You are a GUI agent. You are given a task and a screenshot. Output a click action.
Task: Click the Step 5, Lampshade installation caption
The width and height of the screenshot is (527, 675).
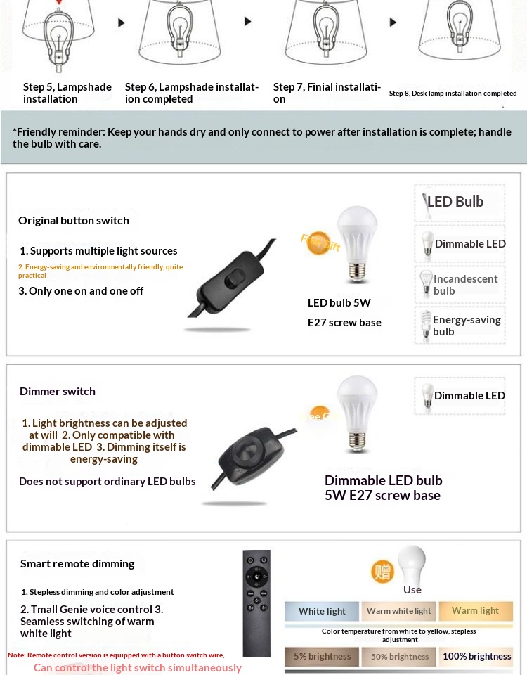[x=67, y=93]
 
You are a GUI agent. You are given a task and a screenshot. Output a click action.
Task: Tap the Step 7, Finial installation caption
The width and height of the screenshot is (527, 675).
[x=327, y=93]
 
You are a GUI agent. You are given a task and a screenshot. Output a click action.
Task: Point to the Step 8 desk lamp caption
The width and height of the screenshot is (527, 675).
[x=453, y=93]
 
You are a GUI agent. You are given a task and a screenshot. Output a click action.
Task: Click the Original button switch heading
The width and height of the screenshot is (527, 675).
[x=74, y=220]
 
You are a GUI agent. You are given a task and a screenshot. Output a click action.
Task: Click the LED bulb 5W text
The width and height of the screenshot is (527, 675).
[x=339, y=303]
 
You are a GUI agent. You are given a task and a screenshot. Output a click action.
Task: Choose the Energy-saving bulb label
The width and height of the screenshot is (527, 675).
[x=467, y=325]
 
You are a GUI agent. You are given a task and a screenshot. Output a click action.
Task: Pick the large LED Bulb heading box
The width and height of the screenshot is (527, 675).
[x=460, y=202]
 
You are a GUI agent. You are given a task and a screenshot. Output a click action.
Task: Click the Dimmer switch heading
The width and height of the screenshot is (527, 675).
[x=58, y=391]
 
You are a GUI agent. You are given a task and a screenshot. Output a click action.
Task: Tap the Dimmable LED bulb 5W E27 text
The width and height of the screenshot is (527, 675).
[x=383, y=488]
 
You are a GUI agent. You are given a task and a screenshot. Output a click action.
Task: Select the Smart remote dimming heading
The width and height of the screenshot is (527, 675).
[x=77, y=563]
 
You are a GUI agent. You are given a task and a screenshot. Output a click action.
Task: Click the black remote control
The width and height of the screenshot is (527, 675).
[x=256, y=602]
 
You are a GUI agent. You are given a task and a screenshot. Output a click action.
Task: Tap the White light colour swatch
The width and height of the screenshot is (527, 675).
[x=322, y=611]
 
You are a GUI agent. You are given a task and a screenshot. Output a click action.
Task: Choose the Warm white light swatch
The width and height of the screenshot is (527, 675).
[x=398, y=611]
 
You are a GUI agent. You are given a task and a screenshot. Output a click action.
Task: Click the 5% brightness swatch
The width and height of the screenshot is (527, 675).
[x=322, y=657]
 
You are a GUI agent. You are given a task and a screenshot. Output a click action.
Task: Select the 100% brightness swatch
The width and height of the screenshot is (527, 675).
[x=476, y=657]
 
